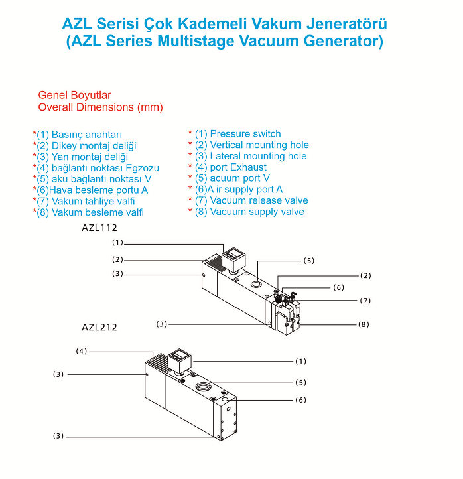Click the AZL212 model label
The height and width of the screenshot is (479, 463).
[x=99, y=327]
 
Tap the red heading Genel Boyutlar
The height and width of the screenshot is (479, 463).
[x=74, y=96]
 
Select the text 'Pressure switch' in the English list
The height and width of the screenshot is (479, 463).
[x=245, y=133]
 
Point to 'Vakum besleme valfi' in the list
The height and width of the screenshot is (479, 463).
[x=98, y=212]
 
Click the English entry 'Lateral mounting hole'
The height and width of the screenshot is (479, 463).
[x=258, y=156]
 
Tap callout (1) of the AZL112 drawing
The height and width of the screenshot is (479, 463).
[x=118, y=243]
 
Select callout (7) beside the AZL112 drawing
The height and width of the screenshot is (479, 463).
[x=365, y=301]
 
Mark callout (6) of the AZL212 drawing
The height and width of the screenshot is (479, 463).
[x=300, y=400]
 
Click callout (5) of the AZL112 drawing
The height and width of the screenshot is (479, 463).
[x=308, y=261]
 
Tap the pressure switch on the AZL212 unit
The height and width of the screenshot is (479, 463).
[x=178, y=362]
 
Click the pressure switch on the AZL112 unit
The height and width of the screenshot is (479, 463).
[x=233, y=256]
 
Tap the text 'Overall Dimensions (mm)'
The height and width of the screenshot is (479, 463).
[x=100, y=107]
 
